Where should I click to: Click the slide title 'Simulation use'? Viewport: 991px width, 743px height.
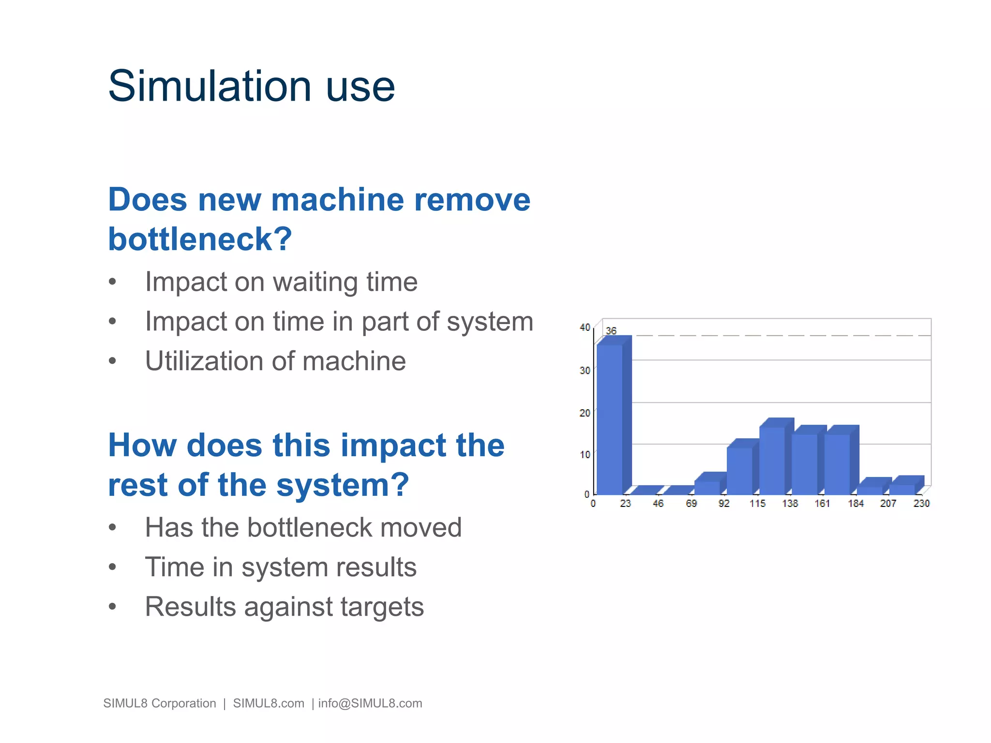tap(251, 87)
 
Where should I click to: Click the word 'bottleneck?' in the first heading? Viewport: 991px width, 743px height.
tap(200, 239)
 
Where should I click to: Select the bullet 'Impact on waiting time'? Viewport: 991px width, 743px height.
tap(281, 282)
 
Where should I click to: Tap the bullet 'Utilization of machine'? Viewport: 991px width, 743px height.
tap(275, 361)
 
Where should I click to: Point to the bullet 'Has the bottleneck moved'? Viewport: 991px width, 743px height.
tap(303, 528)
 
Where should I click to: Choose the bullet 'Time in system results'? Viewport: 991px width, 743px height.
tap(281, 567)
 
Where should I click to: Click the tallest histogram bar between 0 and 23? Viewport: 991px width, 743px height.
tap(610, 418)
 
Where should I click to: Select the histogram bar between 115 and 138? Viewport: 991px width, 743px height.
tap(772, 460)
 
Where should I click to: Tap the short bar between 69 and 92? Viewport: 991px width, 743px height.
tap(707, 487)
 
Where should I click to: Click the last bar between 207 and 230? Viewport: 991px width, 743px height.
tap(902, 489)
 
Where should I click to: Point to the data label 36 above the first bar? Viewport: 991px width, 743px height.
tap(611, 331)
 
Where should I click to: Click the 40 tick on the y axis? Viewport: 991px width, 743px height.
tap(585, 327)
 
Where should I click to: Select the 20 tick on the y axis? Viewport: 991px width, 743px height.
tap(585, 413)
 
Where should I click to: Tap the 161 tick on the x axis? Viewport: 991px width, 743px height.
tap(822, 504)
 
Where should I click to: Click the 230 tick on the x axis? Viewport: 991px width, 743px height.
tap(921, 504)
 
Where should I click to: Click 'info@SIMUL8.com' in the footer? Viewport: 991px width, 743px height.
tap(370, 703)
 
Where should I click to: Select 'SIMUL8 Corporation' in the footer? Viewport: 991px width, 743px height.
tap(160, 703)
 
